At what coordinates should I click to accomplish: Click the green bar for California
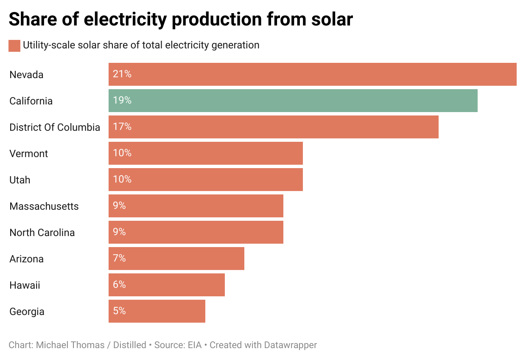(293, 101)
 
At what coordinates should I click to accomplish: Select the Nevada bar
(312, 74)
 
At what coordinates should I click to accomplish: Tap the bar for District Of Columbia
(273, 127)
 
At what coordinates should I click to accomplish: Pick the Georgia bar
(157, 311)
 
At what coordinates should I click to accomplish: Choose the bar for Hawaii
(167, 285)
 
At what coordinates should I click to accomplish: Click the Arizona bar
(176, 259)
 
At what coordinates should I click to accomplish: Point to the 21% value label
(122, 74)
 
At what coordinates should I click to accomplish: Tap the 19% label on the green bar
(122, 101)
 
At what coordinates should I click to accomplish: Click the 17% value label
(122, 127)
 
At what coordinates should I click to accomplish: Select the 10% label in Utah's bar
(122, 180)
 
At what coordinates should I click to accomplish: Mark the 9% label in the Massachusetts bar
(119, 206)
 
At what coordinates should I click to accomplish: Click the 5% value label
(119, 311)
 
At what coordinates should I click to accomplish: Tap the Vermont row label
(29, 154)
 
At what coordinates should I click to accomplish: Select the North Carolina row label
(42, 233)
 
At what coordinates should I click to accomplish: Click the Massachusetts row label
(44, 206)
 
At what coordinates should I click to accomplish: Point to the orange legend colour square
(14, 45)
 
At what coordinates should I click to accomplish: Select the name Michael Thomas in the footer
(70, 345)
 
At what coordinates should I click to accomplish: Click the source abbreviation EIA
(195, 345)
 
